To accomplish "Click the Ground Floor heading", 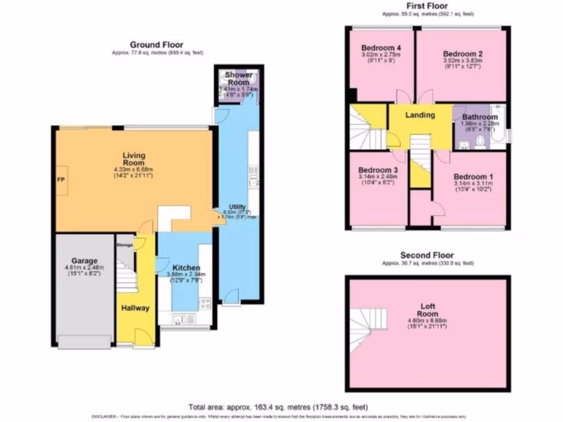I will [x=157, y=45].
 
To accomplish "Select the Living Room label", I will [x=134, y=159].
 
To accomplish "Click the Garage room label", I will [x=84, y=260].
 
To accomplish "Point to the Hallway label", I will [x=135, y=308].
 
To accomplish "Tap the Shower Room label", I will [x=238, y=78].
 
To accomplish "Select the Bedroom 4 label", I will [x=380, y=48].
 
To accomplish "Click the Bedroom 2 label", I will [x=463, y=54].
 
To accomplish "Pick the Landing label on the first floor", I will [x=420, y=115].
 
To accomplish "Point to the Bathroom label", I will [x=480, y=117].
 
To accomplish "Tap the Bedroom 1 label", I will [x=472, y=176].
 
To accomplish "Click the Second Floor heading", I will [x=427, y=255].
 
